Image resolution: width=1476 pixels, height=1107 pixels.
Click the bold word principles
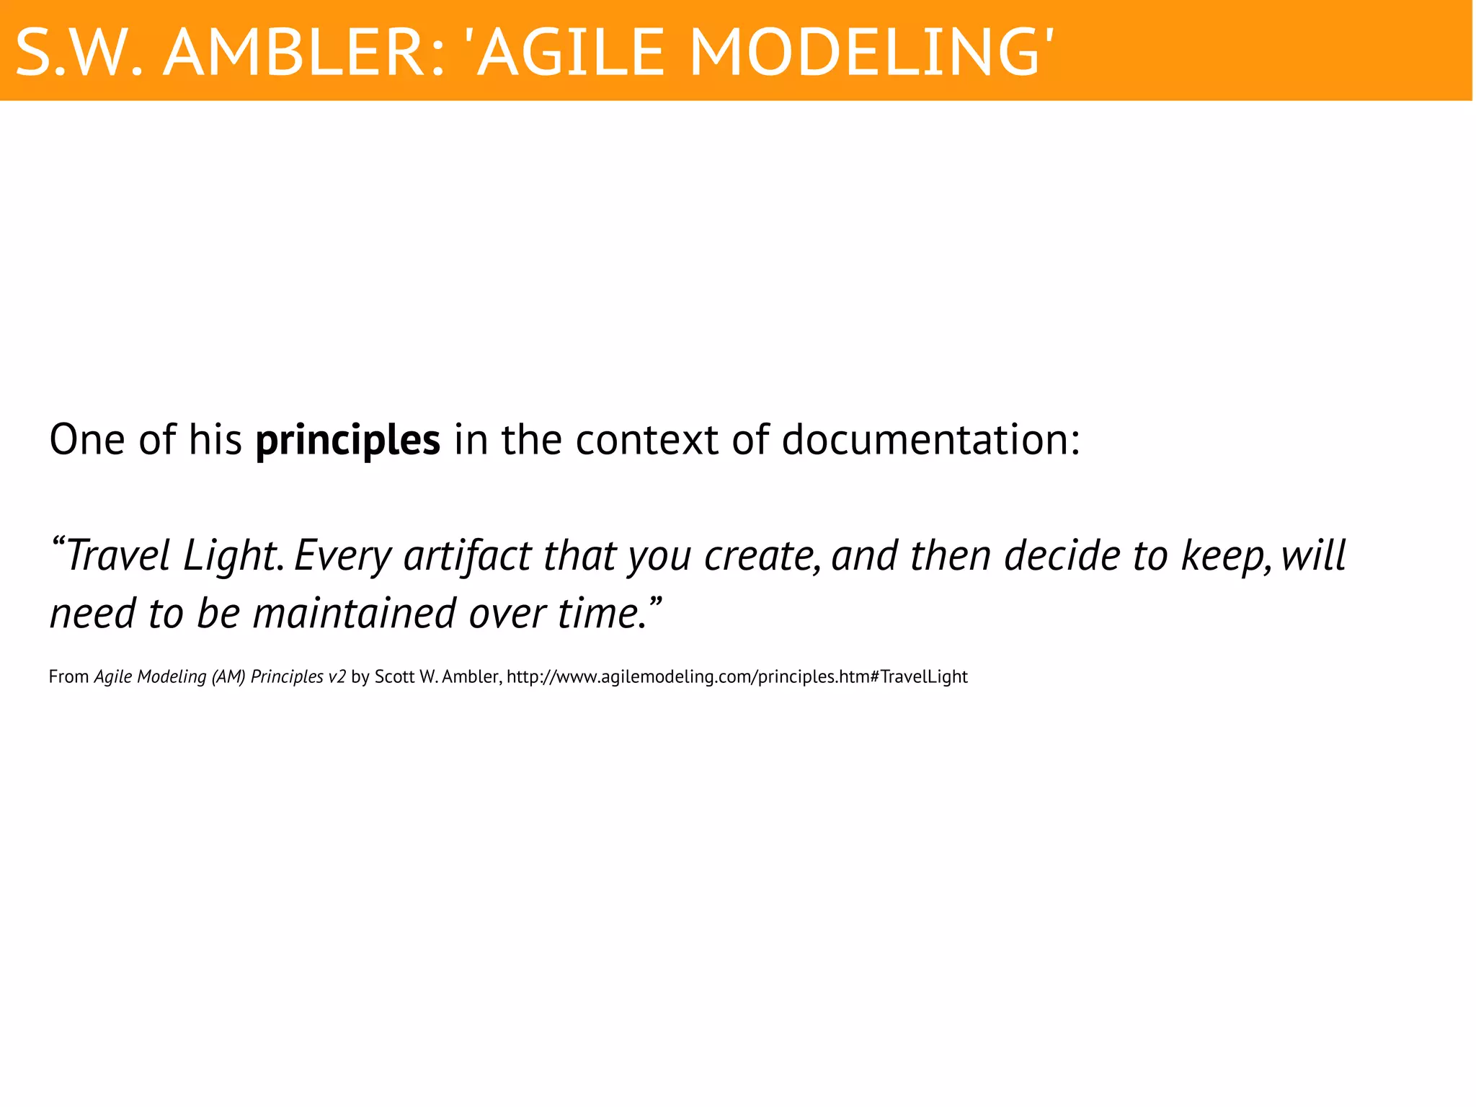point(347,440)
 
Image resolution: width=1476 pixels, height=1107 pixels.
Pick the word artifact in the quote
point(467,556)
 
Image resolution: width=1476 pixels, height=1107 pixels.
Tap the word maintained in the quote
point(354,614)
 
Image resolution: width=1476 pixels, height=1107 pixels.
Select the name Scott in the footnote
point(394,677)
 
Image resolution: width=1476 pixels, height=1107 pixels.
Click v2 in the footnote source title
point(337,677)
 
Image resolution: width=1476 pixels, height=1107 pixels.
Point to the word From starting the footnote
point(68,677)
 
